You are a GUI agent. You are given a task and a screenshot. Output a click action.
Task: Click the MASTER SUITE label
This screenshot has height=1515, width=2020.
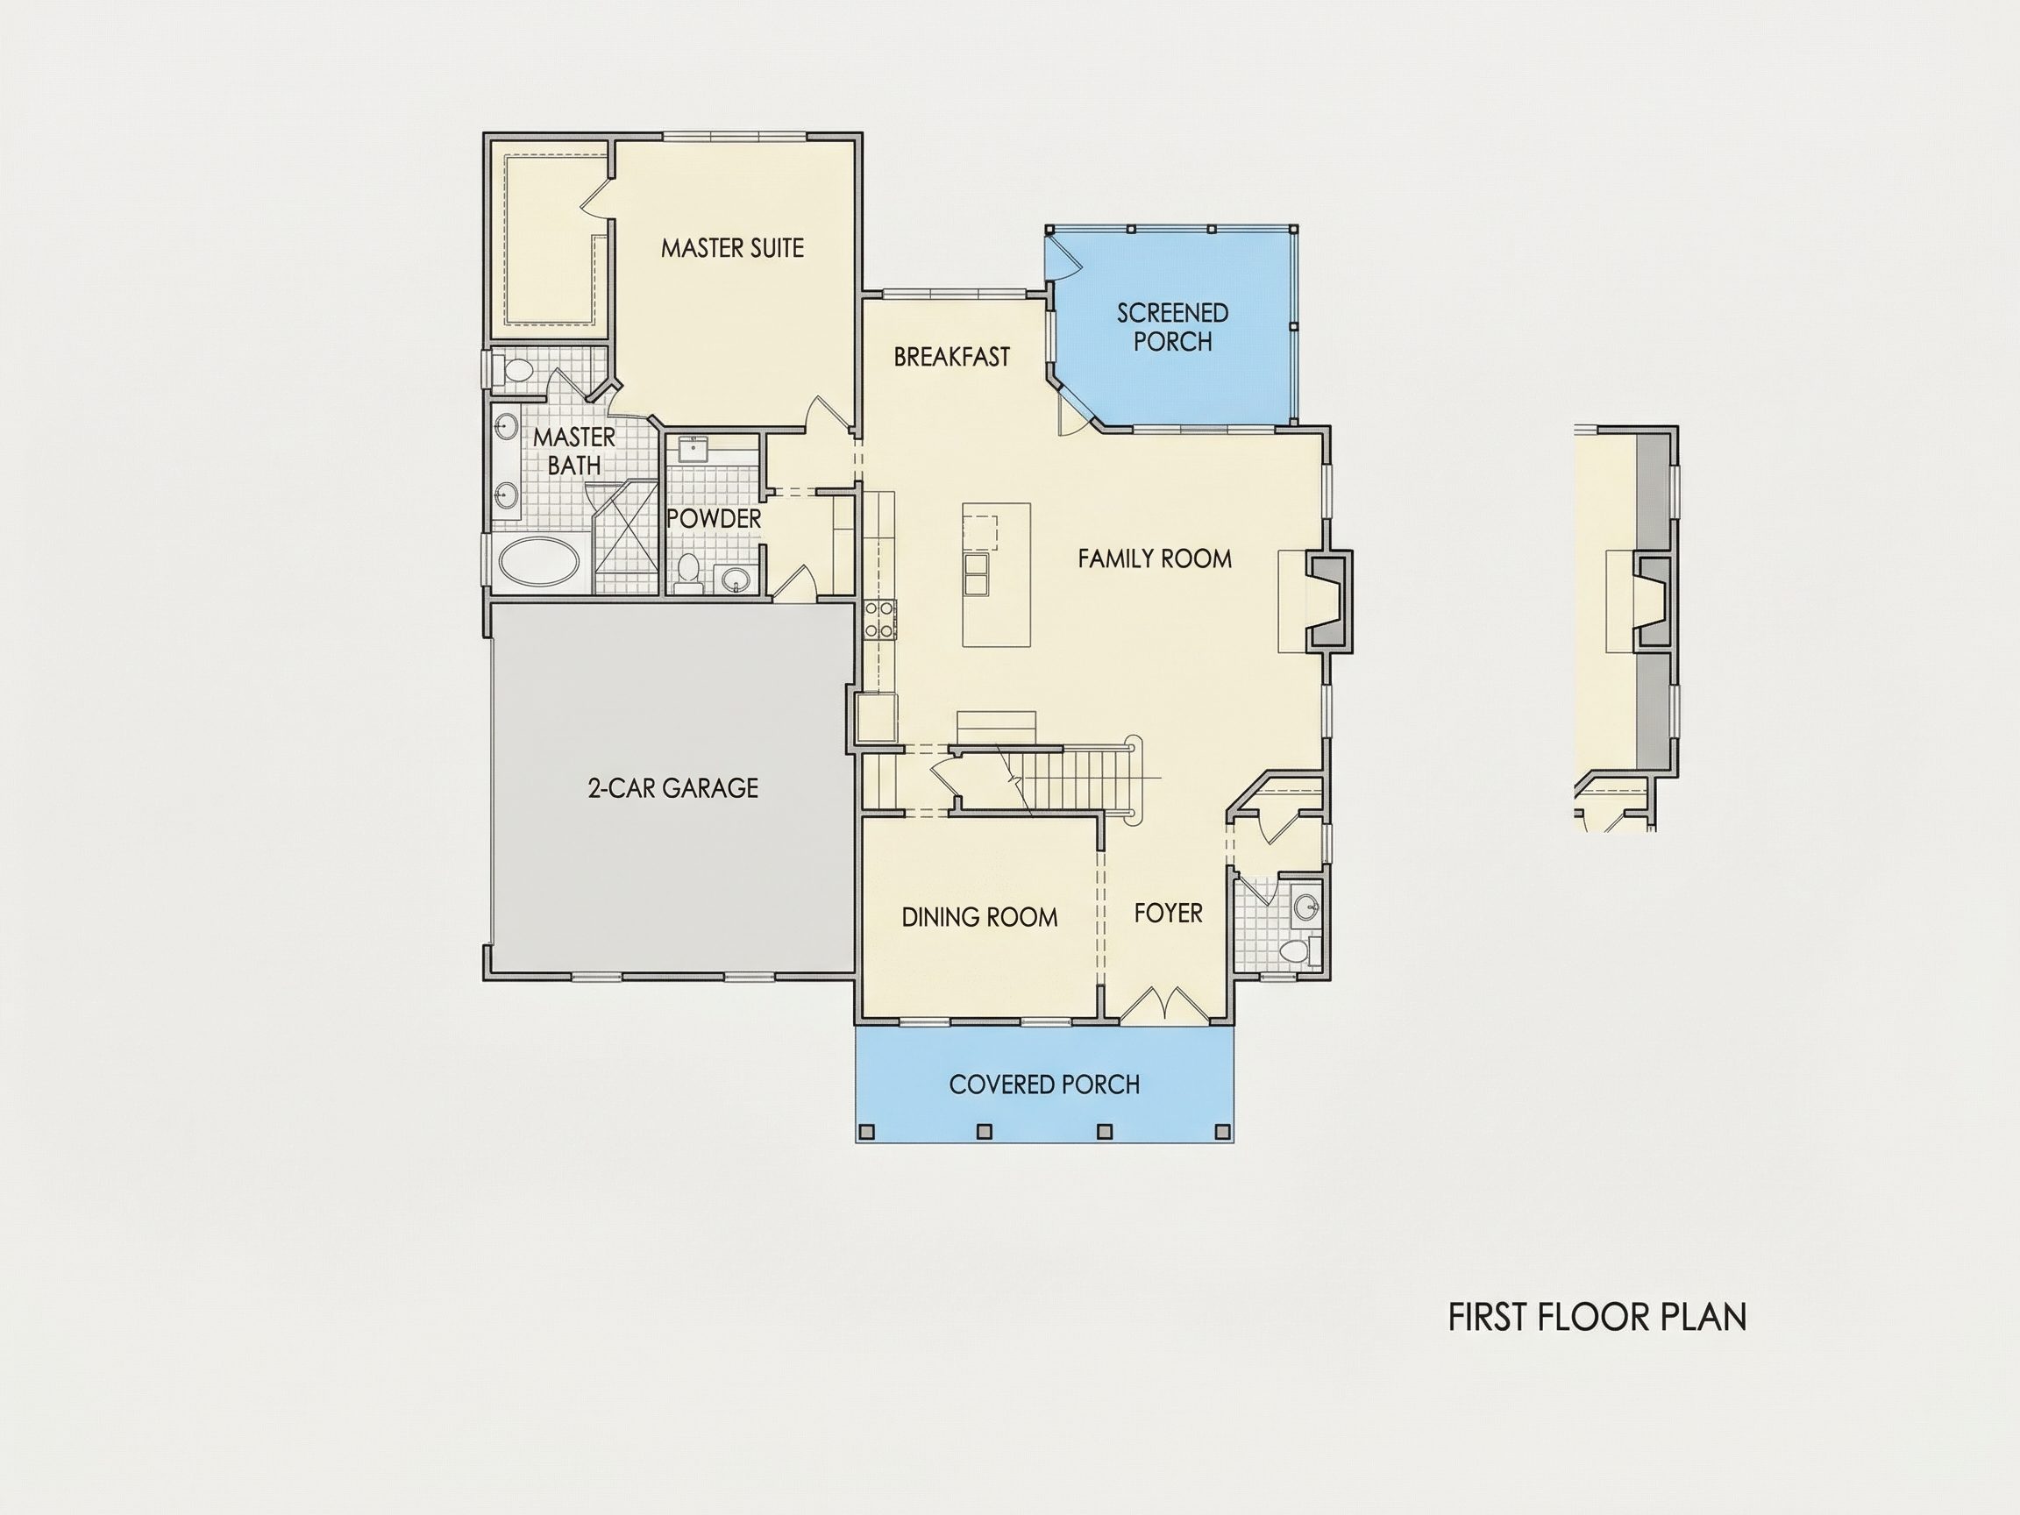click(732, 247)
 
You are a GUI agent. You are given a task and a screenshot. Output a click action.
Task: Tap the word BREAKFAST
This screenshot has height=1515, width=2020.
click(951, 356)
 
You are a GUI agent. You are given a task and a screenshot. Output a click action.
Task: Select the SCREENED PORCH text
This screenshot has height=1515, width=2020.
click(1172, 327)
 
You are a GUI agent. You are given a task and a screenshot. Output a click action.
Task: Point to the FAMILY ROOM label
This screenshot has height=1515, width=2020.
click(1155, 558)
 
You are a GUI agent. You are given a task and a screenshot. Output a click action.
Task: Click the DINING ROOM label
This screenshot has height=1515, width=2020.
click(979, 917)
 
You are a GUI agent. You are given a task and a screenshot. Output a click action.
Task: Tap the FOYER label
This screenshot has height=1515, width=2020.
click(1168, 913)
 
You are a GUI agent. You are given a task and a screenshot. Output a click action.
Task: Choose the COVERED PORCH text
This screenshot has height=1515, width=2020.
click(1044, 1084)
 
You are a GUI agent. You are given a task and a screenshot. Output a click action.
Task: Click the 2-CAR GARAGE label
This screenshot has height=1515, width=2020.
click(673, 787)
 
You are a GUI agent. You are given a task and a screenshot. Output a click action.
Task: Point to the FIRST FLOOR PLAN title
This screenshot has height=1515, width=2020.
click(1597, 1317)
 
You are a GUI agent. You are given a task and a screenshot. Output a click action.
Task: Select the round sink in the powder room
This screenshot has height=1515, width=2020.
click(733, 579)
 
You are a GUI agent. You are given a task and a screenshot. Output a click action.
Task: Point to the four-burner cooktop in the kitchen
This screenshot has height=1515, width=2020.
click(880, 619)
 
